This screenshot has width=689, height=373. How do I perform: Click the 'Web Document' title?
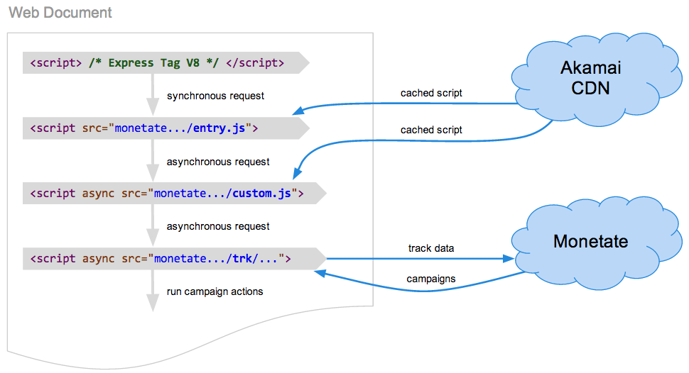[x=60, y=13]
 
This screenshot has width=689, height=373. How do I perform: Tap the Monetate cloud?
[x=590, y=241]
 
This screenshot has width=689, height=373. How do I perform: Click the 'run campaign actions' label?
[x=215, y=291]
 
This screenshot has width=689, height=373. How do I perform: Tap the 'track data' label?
[x=431, y=248]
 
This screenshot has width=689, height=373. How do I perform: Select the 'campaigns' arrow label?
[x=431, y=279]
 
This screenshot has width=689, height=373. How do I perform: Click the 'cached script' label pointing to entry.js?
[x=431, y=93]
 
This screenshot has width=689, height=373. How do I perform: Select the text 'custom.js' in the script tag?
[x=262, y=194]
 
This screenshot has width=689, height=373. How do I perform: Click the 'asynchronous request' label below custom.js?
[x=218, y=226]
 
